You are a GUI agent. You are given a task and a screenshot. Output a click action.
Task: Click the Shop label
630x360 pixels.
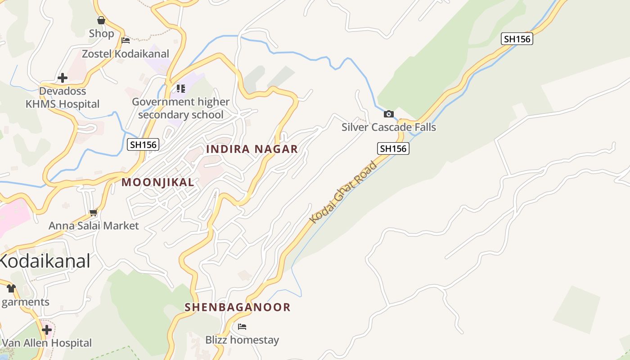[101, 34]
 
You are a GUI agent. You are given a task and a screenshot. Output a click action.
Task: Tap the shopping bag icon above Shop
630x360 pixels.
[101, 20]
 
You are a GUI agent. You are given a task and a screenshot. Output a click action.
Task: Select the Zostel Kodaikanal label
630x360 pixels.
[125, 54]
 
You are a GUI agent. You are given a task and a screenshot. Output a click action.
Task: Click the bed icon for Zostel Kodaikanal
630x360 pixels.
[126, 40]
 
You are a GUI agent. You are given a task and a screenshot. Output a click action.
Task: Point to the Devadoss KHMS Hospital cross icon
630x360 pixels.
[63, 78]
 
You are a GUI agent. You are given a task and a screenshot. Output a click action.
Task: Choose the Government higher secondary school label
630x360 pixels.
[180, 108]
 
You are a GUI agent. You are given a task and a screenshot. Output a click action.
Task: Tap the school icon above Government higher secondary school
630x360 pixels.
[180, 88]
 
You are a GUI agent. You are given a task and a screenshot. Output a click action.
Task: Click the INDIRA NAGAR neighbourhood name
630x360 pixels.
[252, 149]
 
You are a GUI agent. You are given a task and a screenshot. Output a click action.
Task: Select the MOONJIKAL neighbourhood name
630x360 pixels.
[158, 182]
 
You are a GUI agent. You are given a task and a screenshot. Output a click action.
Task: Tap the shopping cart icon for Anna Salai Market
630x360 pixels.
[94, 212]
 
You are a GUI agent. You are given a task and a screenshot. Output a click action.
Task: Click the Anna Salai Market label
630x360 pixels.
[94, 225]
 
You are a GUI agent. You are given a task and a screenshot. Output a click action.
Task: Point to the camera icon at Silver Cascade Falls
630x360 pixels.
[389, 114]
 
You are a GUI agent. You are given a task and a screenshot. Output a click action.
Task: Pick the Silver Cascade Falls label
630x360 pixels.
[389, 127]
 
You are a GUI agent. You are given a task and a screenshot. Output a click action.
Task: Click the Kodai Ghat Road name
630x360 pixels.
[343, 192]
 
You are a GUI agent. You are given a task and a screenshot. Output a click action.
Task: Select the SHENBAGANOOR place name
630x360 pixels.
[238, 307]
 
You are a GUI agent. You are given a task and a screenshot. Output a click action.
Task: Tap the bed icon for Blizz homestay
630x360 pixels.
[242, 327]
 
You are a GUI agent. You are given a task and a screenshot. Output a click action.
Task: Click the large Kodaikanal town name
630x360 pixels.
[45, 261]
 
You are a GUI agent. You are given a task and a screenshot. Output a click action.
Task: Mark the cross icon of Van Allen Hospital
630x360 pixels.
[47, 330]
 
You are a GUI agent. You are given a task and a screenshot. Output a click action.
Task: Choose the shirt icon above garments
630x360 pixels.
[11, 288]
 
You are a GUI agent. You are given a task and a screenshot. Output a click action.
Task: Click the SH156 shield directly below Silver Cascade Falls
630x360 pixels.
[393, 148]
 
